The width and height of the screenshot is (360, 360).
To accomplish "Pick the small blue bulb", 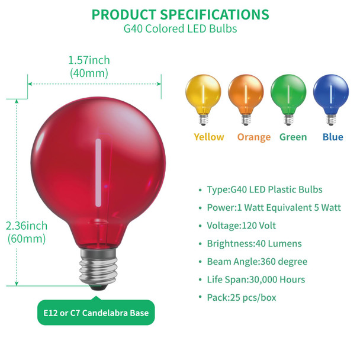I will (330, 95).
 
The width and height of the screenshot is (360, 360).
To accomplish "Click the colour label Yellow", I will (208, 137).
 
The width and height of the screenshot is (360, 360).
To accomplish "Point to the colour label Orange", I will (253, 137).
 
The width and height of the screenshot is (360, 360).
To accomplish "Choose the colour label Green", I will (293, 137).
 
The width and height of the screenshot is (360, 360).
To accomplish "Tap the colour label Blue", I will (333, 137).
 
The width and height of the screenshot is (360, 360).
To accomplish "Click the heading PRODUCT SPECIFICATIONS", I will (180, 15).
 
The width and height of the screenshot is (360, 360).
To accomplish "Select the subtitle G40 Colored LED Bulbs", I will (180, 29).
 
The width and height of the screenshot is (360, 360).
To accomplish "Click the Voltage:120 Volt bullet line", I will (242, 226).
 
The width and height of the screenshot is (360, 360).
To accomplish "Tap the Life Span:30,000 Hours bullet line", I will (256, 279).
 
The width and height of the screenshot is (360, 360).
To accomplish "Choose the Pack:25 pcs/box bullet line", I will (242, 297).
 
